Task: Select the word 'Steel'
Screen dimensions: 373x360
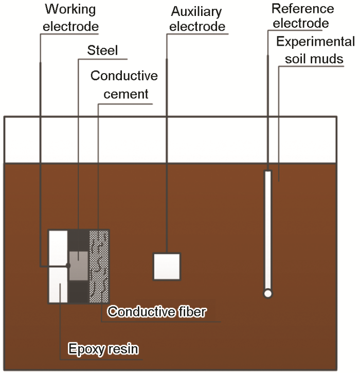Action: [x=102, y=50]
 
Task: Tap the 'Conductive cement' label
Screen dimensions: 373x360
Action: [x=124, y=85]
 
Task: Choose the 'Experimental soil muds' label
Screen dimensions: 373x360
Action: [x=315, y=50]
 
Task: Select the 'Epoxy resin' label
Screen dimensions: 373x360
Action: [x=103, y=349]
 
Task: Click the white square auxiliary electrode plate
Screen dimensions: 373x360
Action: [x=167, y=267]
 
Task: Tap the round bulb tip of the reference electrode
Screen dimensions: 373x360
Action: [x=267, y=293]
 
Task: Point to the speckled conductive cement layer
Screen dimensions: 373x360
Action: [x=99, y=266]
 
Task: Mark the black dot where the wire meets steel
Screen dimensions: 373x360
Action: [x=68, y=265]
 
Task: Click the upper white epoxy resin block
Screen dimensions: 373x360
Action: [x=58, y=246]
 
